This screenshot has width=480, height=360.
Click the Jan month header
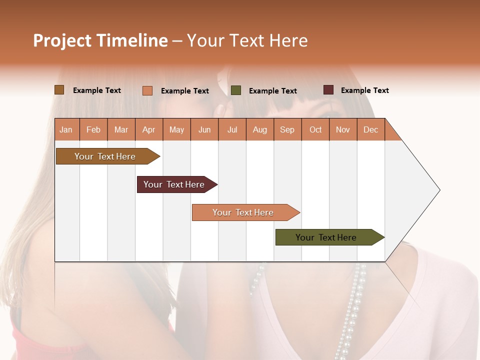point(66,129)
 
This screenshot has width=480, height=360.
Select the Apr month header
point(148,129)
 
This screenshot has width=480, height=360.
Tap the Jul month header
point(232,129)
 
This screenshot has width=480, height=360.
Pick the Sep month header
point(287,129)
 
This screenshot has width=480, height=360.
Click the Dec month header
point(370,129)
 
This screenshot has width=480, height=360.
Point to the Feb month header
point(93,129)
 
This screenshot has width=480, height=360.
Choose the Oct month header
point(315,129)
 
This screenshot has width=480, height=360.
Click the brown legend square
point(59,90)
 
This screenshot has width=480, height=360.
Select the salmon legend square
point(147,90)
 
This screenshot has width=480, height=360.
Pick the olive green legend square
point(236,90)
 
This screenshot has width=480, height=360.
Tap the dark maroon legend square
point(328,90)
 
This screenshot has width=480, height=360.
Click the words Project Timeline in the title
point(100,40)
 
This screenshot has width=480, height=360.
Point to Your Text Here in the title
point(247,40)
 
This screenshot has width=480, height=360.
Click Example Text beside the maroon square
point(364,90)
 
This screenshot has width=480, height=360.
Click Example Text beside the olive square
point(272,91)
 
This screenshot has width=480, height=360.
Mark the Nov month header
point(343,129)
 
